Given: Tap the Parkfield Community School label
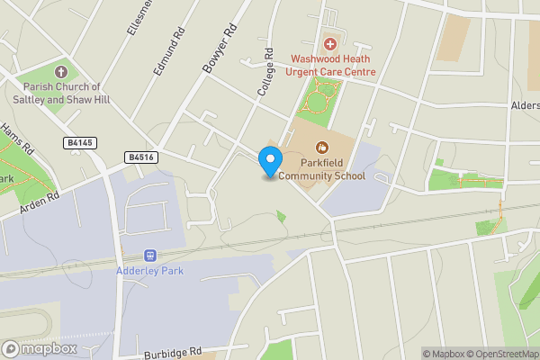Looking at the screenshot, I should click(x=321, y=169).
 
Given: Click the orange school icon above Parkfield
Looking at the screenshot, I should click(x=321, y=147).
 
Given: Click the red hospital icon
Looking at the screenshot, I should click(x=329, y=43).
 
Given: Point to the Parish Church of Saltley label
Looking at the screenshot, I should click(x=61, y=93).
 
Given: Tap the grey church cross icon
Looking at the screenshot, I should click(x=61, y=71).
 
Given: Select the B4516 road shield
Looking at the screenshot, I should click(x=141, y=157).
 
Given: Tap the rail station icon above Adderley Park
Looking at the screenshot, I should click(x=148, y=255).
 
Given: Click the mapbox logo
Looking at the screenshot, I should click(x=40, y=348).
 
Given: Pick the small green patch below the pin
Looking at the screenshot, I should click(x=281, y=216).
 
